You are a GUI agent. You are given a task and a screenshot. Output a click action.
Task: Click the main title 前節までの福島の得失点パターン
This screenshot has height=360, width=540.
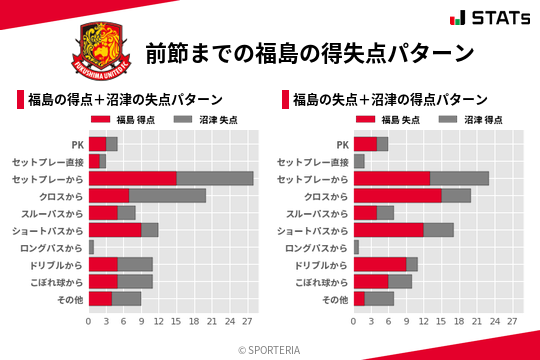[308, 52]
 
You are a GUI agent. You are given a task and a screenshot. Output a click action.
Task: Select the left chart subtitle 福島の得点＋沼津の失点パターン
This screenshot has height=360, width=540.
[124, 100]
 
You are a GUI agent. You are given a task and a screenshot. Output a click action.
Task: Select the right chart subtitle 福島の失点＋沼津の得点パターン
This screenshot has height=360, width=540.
[389, 100]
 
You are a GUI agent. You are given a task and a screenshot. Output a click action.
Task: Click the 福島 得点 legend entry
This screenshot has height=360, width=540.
[123, 119]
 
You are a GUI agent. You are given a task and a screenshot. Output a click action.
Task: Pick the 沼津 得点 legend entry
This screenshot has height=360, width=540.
[469, 119]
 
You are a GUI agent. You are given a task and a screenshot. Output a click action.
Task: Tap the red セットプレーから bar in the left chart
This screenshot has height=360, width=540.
[132, 178]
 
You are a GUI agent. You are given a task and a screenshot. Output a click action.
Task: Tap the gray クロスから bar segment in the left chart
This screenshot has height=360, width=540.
[167, 195]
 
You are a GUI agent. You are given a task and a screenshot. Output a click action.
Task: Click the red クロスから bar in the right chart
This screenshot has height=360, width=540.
[397, 195]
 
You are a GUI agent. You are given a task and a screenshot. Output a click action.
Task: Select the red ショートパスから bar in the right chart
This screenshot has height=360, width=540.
[388, 230]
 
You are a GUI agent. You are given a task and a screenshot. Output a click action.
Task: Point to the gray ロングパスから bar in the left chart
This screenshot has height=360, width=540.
[91, 247]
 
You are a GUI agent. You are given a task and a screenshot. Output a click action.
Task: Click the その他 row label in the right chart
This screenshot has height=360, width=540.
[336, 299]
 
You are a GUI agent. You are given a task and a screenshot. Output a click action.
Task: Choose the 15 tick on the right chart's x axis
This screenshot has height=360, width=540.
[441, 322]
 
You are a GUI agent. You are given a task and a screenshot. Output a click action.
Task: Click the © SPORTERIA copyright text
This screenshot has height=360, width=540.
[270, 349]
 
